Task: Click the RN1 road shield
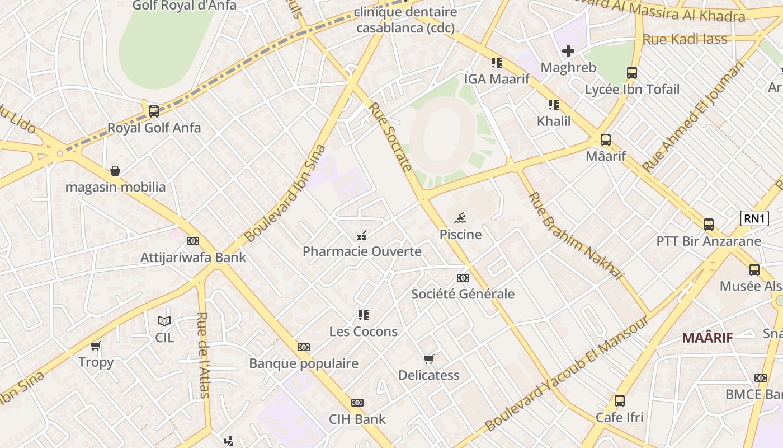[754, 218]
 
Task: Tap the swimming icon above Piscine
[460, 217]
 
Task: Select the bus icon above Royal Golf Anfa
[154, 111]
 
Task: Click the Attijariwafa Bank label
[193, 258]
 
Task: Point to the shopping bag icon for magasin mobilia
[115, 170]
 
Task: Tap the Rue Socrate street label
[390, 136]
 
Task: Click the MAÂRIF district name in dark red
[707, 338]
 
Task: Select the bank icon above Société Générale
[463, 278]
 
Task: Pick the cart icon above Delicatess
[428, 359]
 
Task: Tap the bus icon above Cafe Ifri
[619, 401]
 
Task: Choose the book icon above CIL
[164, 321]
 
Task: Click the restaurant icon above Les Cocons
[364, 315]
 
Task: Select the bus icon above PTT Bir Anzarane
[709, 225]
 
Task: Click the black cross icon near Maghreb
[568, 52]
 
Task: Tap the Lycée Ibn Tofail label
[632, 89]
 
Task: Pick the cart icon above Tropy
[96, 346]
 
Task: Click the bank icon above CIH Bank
[357, 403]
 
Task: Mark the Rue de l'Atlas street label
[204, 354]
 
